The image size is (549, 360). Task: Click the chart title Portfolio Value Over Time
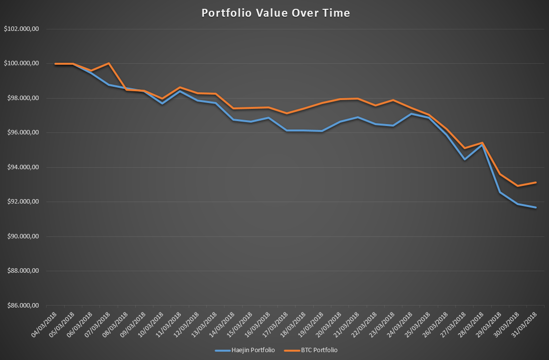(275, 13)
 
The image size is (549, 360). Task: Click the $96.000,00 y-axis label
(22, 133)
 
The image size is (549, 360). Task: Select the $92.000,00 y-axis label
(22, 202)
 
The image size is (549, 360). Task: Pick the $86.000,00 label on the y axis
(22, 306)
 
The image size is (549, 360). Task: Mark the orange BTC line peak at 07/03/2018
(108, 63)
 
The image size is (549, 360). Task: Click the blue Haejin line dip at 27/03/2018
(464, 159)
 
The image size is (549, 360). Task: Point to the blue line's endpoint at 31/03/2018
(536, 207)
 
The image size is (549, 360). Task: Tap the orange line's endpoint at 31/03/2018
(536, 182)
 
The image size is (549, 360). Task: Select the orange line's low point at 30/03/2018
(518, 186)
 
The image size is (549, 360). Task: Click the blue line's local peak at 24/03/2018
(411, 114)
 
